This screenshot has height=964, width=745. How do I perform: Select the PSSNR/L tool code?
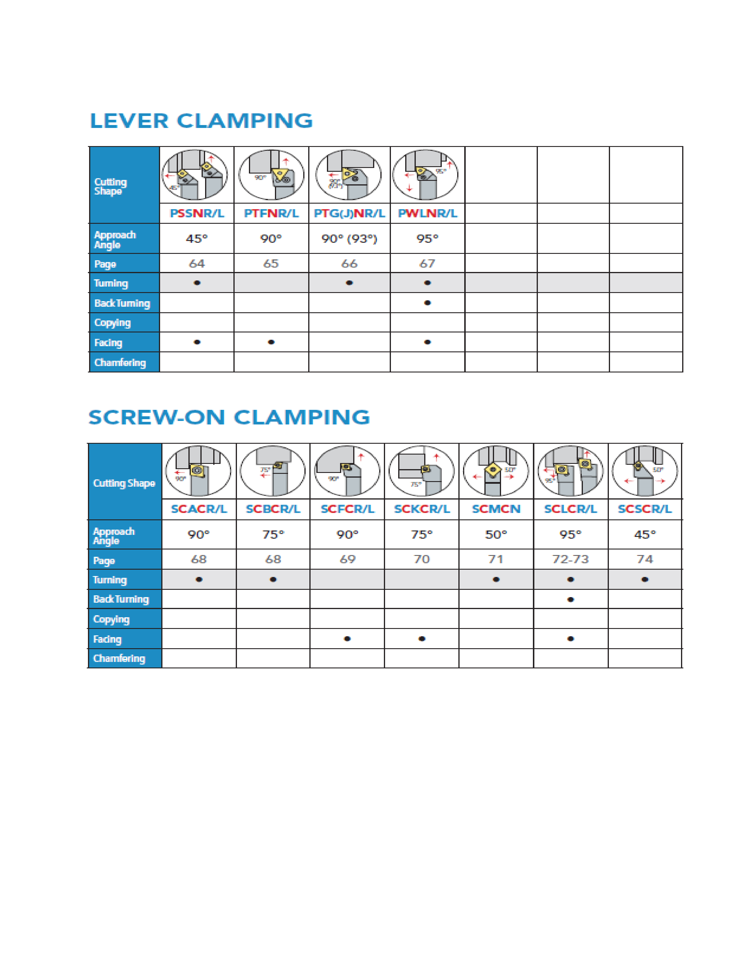coord(197,213)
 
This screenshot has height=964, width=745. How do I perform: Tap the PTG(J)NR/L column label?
coord(349,213)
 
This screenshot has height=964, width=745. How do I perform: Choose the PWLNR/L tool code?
coord(427,213)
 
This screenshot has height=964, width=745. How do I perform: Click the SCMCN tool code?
coord(496,509)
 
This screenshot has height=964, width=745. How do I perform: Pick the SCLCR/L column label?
coord(570,509)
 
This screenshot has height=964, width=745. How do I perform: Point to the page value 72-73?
coord(570,559)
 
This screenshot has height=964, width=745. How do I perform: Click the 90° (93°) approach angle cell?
coord(349,239)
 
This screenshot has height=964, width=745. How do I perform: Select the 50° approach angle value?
coord(496,535)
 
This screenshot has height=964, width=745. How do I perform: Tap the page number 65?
coord(271,263)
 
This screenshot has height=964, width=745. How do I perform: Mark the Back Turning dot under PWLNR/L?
coord(427,303)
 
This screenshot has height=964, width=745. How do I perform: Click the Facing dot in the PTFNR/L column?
coord(271,342)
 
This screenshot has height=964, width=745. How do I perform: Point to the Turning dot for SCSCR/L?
coord(645,580)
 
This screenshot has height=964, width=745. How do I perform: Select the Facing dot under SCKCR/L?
coord(422,639)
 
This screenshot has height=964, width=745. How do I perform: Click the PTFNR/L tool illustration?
coord(271,175)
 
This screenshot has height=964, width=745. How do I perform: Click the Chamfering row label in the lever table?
coord(120,363)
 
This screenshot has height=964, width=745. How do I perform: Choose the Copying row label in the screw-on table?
coord(111,619)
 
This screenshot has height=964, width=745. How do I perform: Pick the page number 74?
coord(645,559)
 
